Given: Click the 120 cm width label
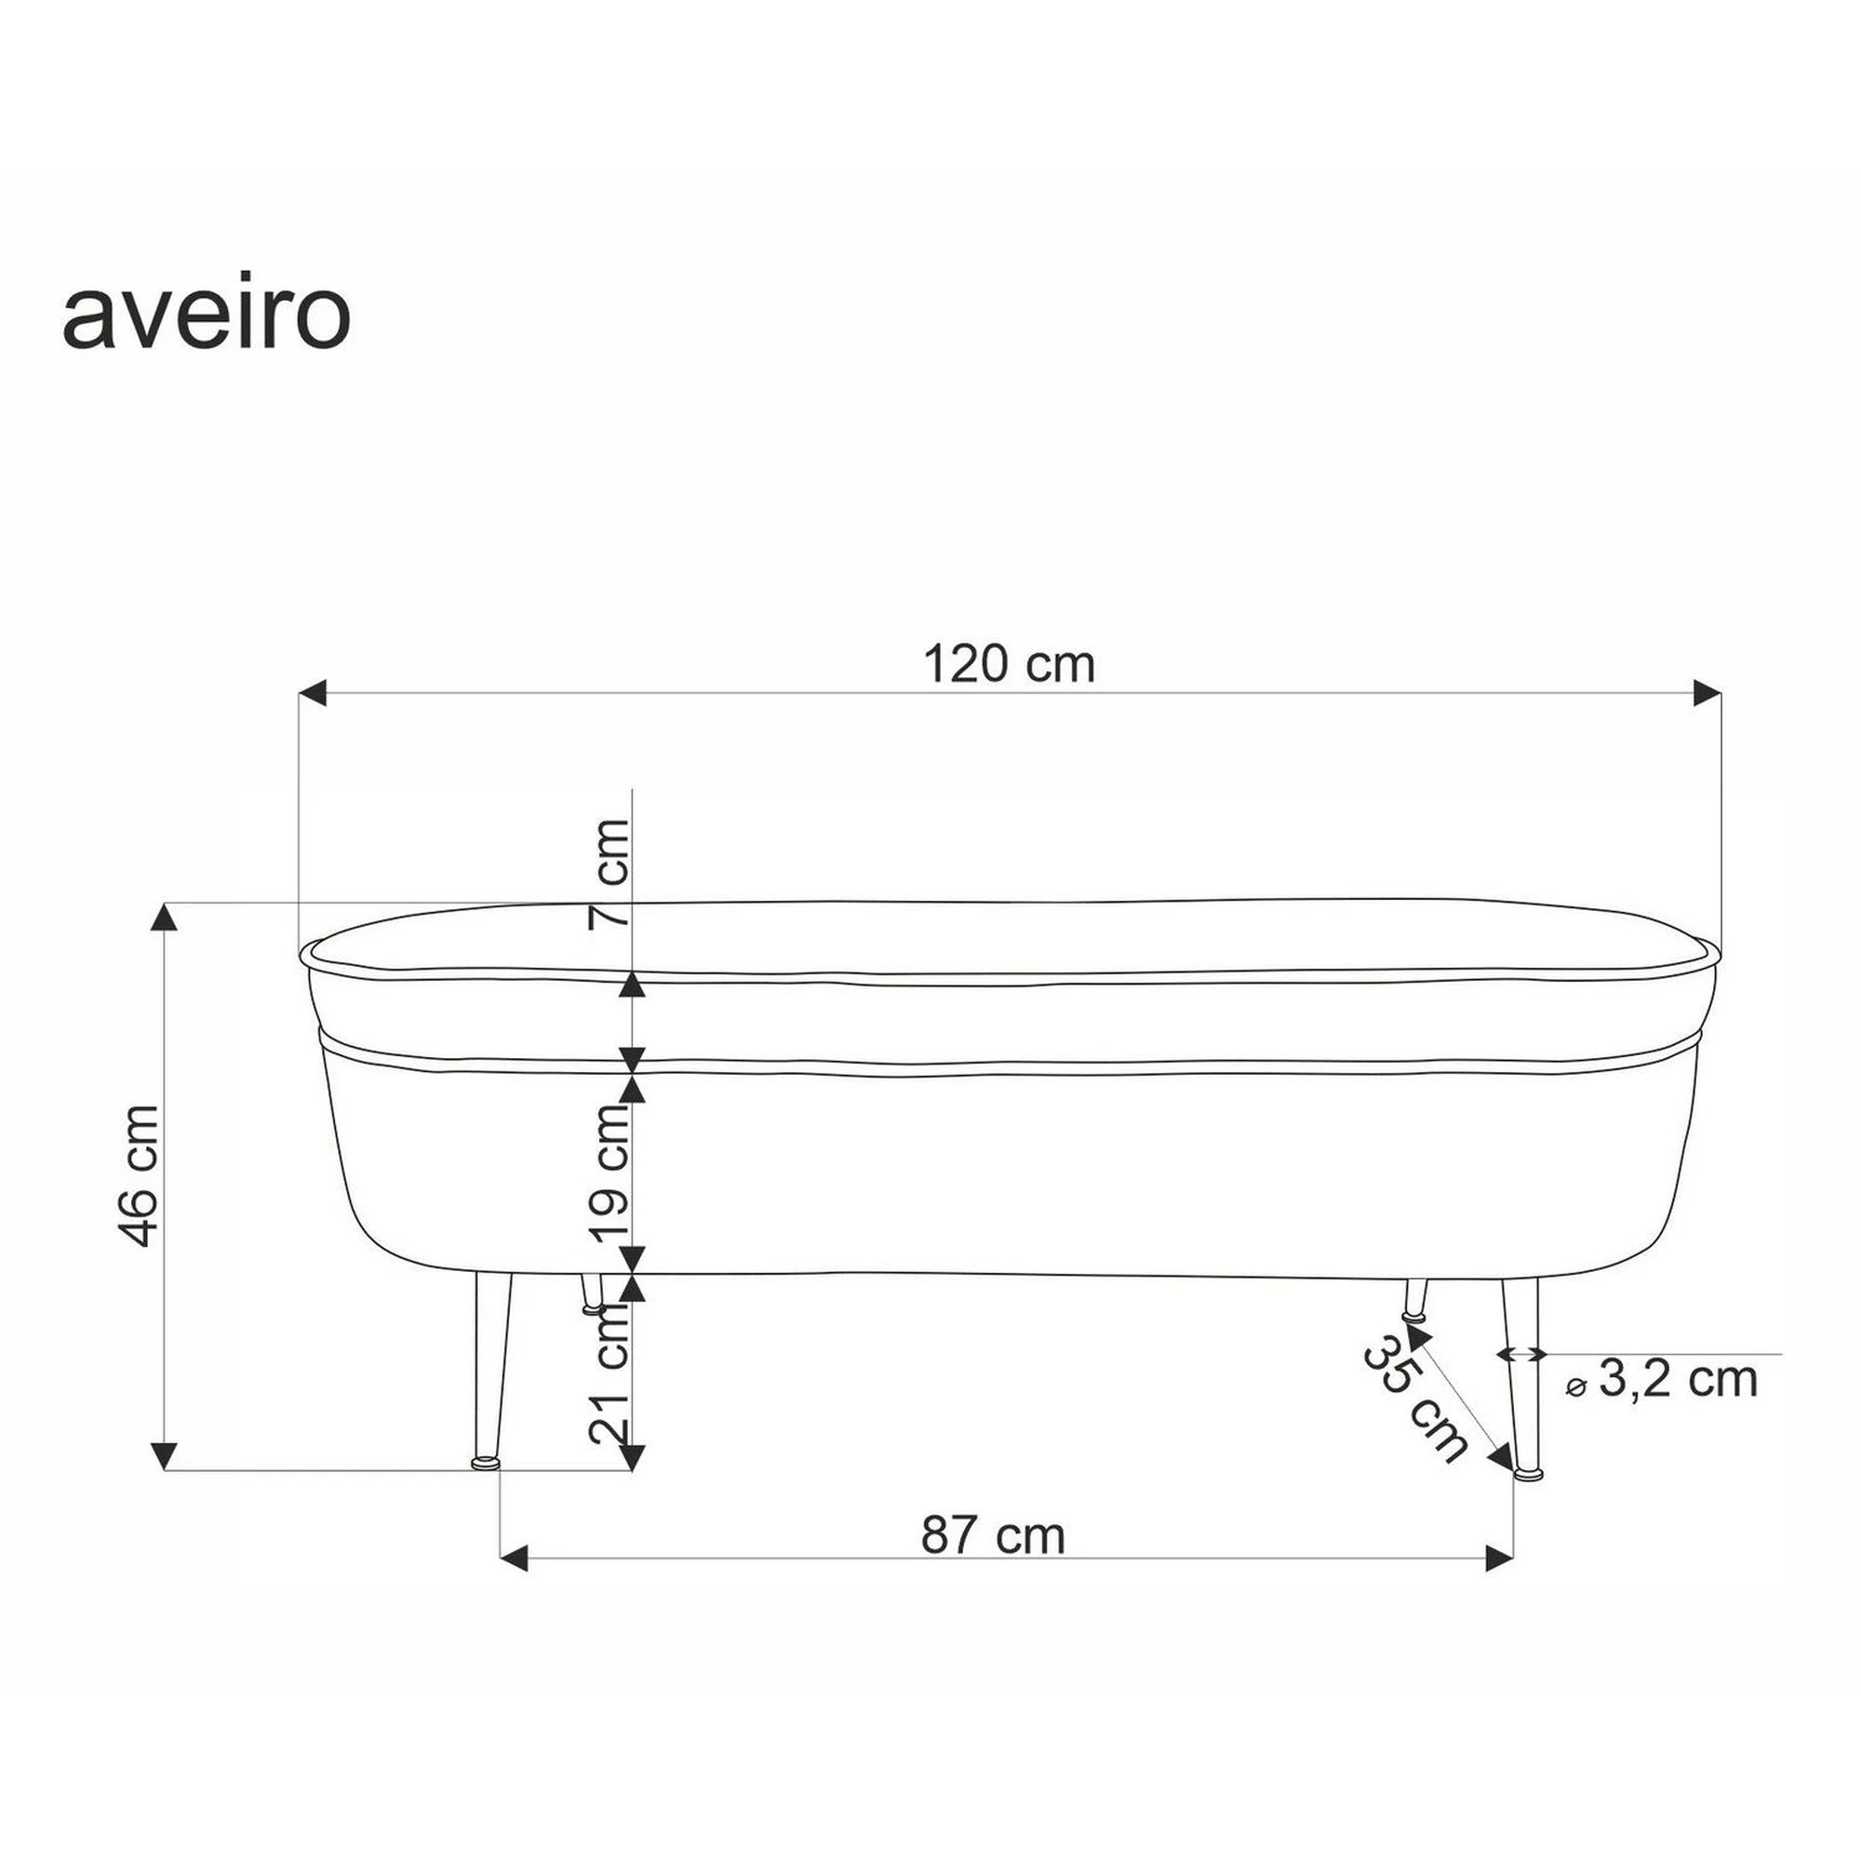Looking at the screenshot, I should click(1009, 664).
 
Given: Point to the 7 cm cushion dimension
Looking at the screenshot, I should click(609, 873).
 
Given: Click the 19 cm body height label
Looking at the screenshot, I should click(609, 1173).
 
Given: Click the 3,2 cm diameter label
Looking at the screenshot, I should click(1676, 1379).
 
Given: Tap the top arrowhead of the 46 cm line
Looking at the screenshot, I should click(166, 917).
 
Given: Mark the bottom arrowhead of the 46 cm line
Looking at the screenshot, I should click(166, 1454).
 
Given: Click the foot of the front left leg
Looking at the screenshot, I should click(487, 1463).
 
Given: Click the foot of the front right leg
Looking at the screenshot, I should click(1528, 1473).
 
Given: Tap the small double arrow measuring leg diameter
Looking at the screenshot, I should click(1521, 1353).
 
